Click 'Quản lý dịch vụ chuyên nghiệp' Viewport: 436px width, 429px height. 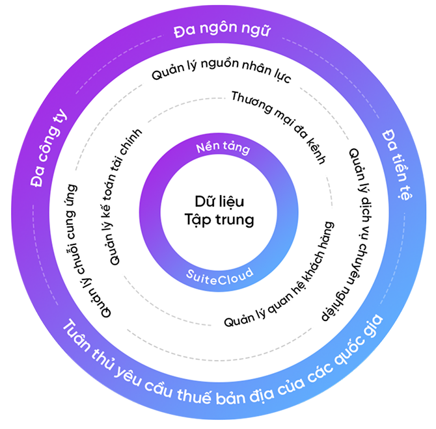click(344, 235)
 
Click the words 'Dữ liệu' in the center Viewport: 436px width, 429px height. click(218, 201)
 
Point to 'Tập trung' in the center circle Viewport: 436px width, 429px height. click(218, 219)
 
